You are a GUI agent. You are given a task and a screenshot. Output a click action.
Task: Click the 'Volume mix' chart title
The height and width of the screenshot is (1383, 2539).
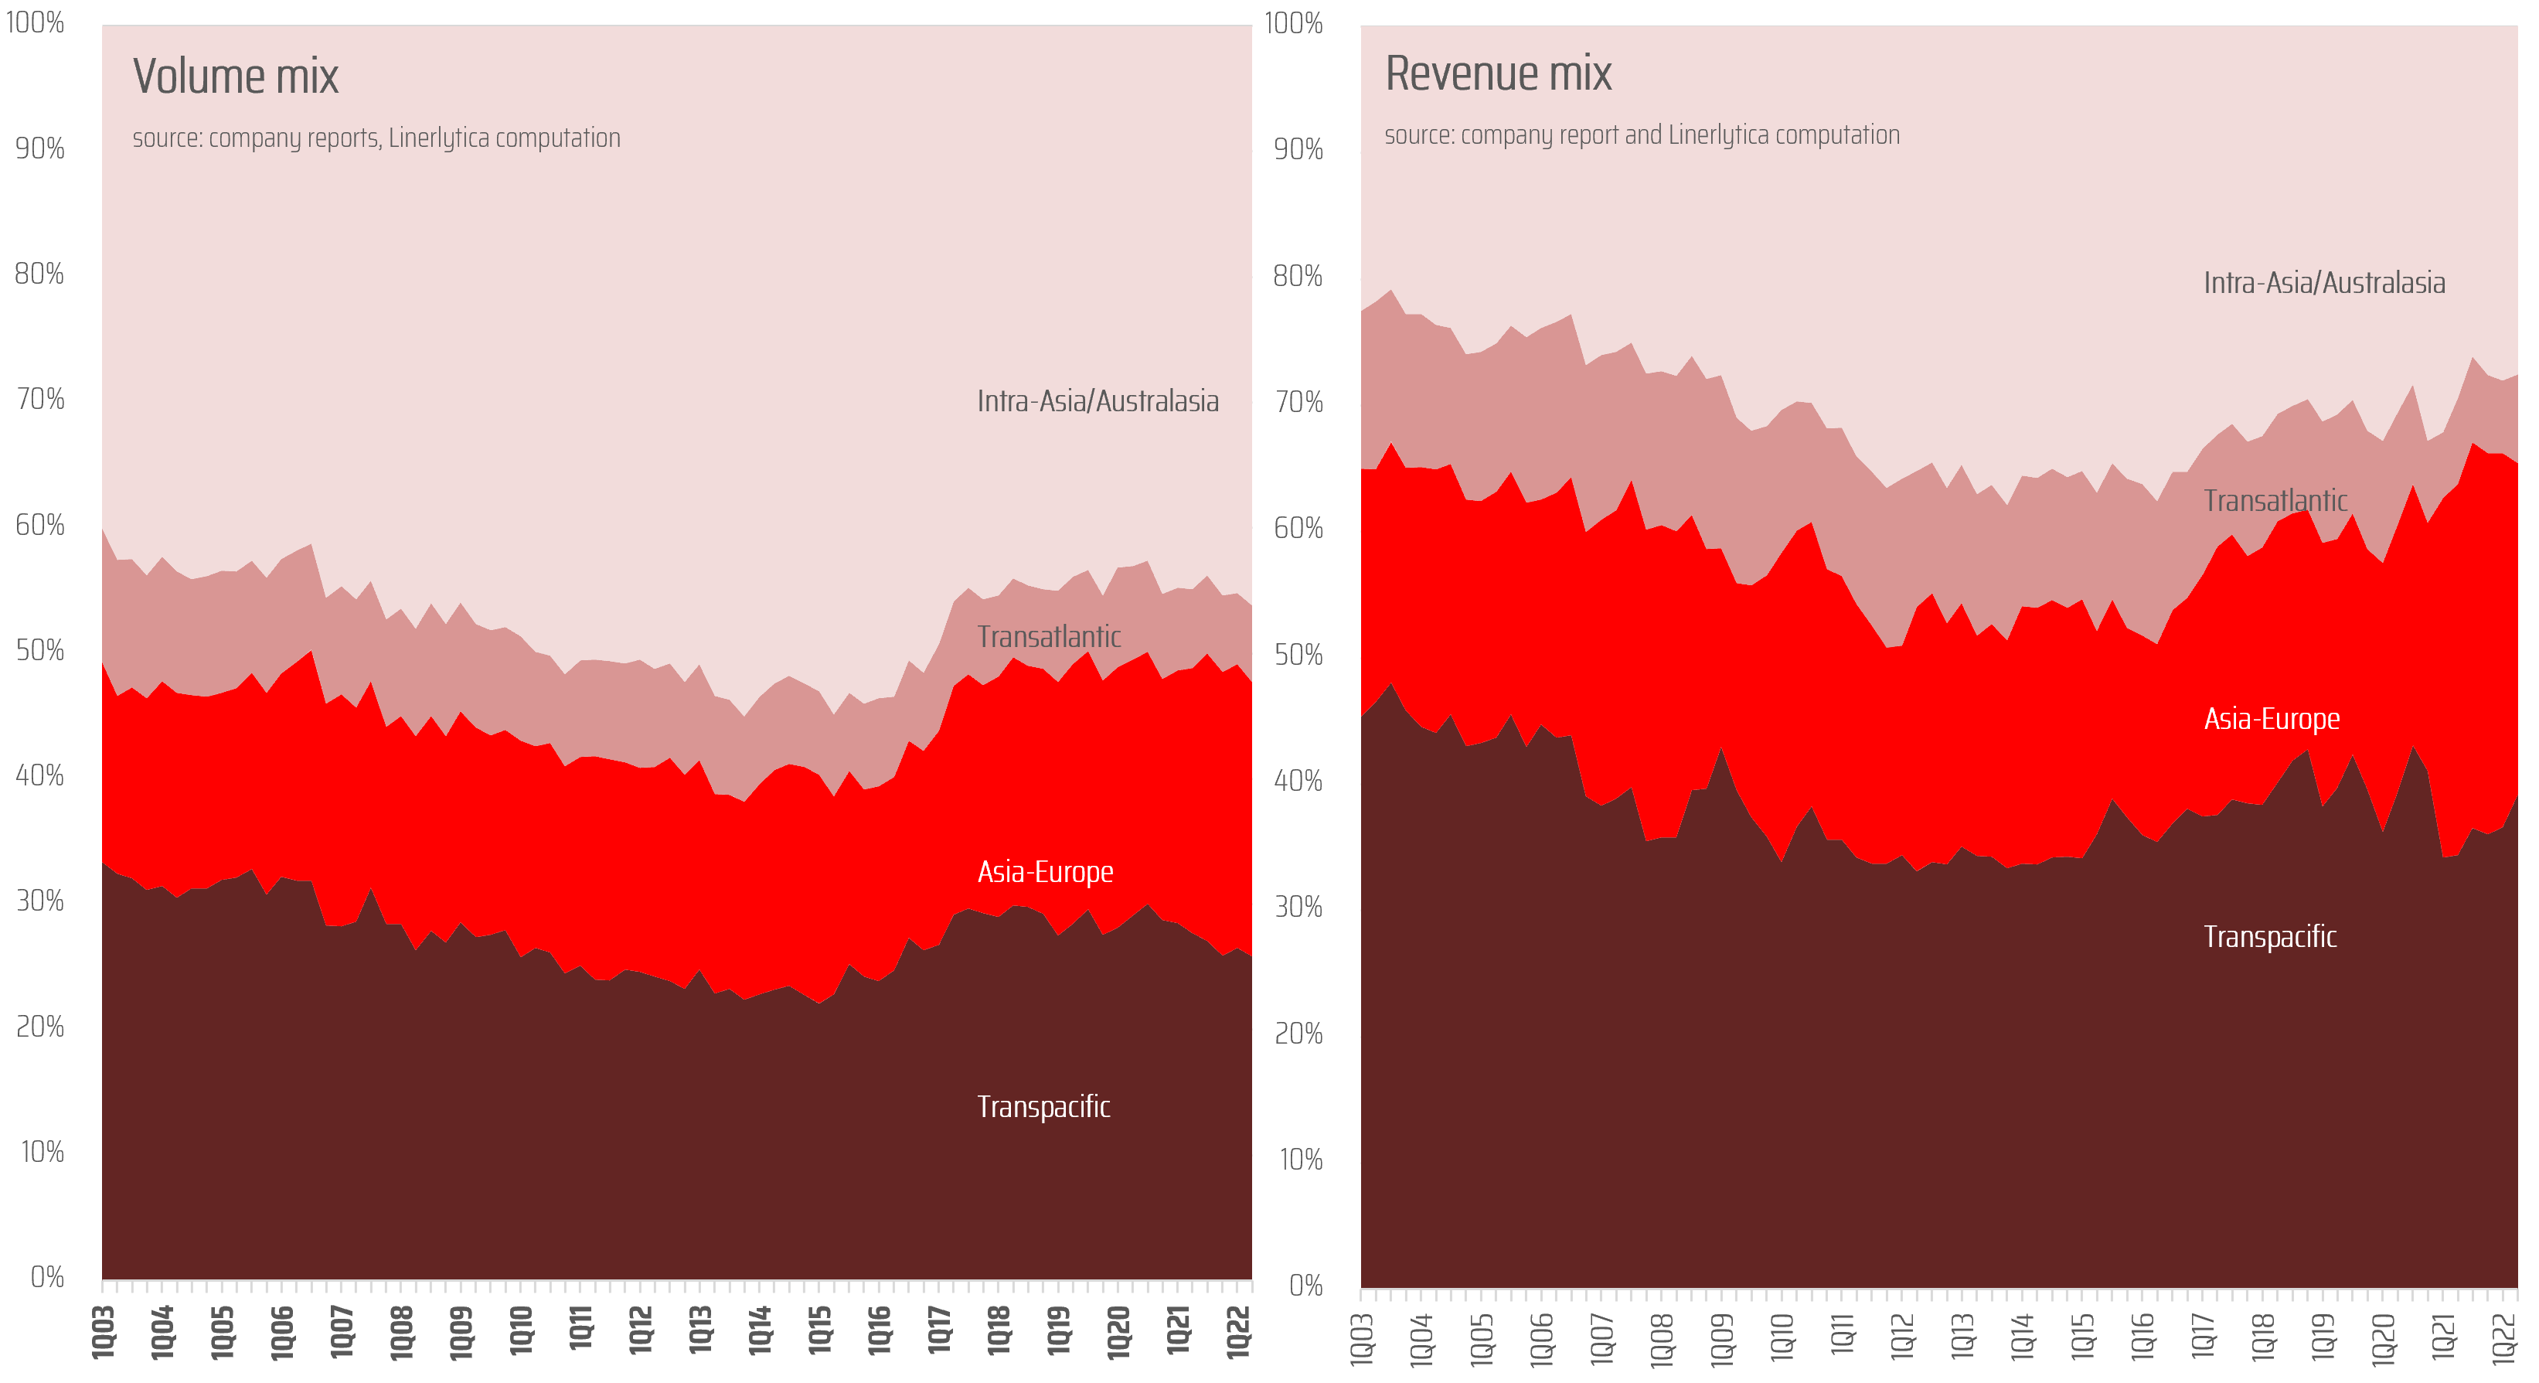(x=236, y=77)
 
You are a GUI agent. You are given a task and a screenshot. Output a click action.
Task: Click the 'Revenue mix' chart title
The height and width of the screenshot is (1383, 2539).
(x=1497, y=74)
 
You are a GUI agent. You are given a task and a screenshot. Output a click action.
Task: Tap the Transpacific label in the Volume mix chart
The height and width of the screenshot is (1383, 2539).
(x=1043, y=1107)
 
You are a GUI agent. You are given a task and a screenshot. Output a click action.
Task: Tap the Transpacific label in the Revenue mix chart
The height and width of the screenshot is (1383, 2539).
(x=2269, y=936)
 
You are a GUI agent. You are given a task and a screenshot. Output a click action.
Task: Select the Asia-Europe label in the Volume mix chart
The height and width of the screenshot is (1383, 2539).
(x=1045, y=871)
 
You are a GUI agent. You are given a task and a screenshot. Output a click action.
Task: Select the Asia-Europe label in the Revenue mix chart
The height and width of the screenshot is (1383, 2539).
(x=2271, y=719)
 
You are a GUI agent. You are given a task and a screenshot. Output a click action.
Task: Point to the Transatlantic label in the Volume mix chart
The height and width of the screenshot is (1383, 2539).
(x=1049, y=637)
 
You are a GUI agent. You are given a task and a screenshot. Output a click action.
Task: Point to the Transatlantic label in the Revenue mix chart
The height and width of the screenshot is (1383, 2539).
(x=2275, y=501)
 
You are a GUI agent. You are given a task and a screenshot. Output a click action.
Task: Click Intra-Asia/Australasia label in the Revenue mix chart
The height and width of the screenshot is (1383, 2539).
(x=2323, y=283)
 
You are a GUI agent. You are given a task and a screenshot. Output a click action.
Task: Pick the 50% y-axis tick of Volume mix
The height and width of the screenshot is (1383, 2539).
(x=39, y=651)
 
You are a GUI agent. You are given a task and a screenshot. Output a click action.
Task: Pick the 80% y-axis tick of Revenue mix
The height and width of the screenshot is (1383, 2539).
(x=1297, y=276)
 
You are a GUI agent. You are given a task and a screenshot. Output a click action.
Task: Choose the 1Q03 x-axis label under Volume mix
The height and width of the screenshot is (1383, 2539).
(x=104, y=1332)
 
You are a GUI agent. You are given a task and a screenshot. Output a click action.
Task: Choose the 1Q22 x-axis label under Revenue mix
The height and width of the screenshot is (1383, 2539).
(x=2504, y=1339)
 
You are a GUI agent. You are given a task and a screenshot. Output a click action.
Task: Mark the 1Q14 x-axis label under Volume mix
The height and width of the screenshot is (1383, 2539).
(x=760, y=1332)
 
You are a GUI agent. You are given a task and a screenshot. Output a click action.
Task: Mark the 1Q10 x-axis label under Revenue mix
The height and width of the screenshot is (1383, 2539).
(x=1782, y=1339)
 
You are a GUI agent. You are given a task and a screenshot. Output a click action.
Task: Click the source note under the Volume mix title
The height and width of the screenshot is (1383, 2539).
(x=376, y=138)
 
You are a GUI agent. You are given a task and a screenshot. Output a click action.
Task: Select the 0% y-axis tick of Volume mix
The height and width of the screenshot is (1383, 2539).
(x=46, y=1278)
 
